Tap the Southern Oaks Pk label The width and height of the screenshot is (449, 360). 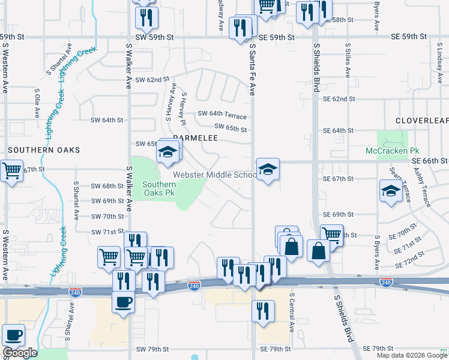coord(159,188)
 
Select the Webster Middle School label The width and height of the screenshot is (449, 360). coord(214,175)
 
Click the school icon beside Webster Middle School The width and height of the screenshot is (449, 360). coord(268,169)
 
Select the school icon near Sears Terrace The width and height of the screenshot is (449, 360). coord(391,191)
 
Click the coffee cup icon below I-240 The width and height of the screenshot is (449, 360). coord(124,301)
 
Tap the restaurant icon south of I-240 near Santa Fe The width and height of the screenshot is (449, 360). coord(263,311)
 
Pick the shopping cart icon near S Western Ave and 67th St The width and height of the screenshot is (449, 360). coord(11,171)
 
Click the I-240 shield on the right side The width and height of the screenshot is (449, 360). coord(386,282)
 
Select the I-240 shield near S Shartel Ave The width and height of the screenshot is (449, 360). coord(76,292)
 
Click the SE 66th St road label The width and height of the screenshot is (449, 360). coord(430,161)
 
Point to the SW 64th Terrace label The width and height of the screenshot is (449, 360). coord(223,113)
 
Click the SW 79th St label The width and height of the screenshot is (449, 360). coord(150,349)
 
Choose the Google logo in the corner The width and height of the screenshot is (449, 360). coord(20,353)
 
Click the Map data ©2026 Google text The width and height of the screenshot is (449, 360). coord(411,355)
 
